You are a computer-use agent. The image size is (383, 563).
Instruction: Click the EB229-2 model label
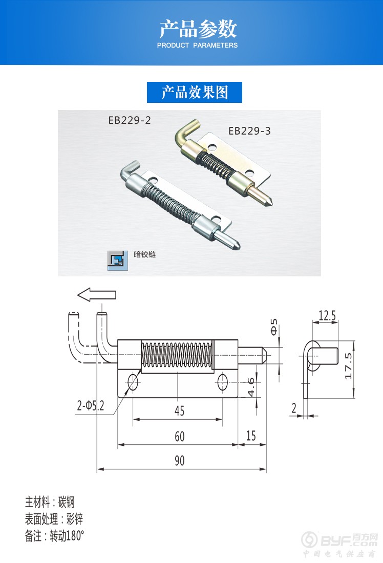(130, 120)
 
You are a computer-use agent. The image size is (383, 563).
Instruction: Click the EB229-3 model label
(249, 131)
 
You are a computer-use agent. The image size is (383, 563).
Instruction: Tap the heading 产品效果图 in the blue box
(195, 92)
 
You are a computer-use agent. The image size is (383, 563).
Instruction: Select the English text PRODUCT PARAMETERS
(197, 45)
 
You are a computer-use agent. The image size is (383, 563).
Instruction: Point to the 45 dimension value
(180, 411)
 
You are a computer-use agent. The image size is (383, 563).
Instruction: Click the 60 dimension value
(180, 437)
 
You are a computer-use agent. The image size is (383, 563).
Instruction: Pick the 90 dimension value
(180, 461)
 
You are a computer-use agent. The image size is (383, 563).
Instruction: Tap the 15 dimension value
(251, 436)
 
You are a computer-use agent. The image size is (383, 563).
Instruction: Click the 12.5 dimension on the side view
(327, 316)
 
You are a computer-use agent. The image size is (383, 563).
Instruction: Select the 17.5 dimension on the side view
(348, 366)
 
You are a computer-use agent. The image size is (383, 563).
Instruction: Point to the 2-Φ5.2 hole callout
(91, 406)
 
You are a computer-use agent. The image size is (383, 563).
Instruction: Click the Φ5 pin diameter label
(274, 327)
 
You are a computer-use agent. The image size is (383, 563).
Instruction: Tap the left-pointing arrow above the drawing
(97, 295)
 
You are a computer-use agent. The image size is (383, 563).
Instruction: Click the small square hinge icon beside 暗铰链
(117, 261)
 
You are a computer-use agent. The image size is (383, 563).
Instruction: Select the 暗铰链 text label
(145, 254)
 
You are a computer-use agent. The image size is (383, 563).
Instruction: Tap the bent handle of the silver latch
(128, 171)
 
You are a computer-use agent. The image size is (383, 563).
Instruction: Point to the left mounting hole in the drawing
(133, 382)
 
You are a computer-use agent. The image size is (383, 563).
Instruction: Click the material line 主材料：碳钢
(50, 502)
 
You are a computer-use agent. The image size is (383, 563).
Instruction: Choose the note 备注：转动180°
(54, 536)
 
